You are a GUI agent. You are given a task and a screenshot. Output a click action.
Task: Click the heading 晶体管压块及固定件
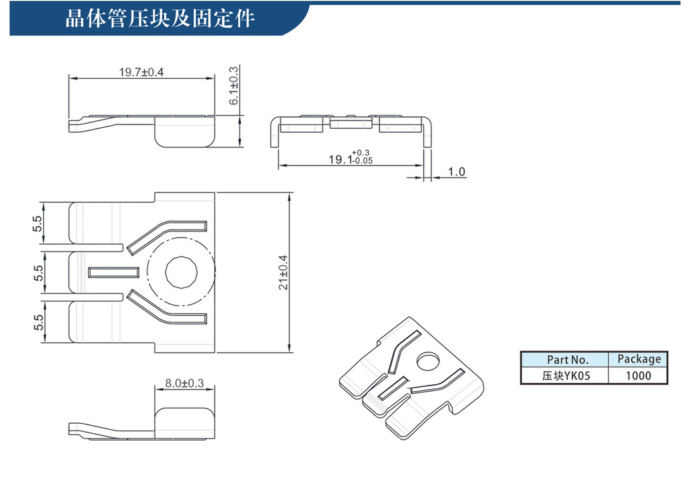[159, 17]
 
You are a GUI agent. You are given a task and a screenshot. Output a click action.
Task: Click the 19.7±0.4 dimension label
[141, 72]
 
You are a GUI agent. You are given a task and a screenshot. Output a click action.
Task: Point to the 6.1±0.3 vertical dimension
[233, 86]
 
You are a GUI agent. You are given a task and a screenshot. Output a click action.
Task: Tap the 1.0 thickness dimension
[456, 172]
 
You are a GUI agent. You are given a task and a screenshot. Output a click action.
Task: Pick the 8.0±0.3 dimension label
[184, 383]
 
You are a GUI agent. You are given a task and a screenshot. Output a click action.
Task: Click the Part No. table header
[567, 359]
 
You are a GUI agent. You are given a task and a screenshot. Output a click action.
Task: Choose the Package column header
[639, 359]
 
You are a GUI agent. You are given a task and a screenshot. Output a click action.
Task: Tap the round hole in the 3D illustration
[426, 361]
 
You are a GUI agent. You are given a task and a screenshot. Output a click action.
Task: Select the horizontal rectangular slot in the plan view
[114, 272]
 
